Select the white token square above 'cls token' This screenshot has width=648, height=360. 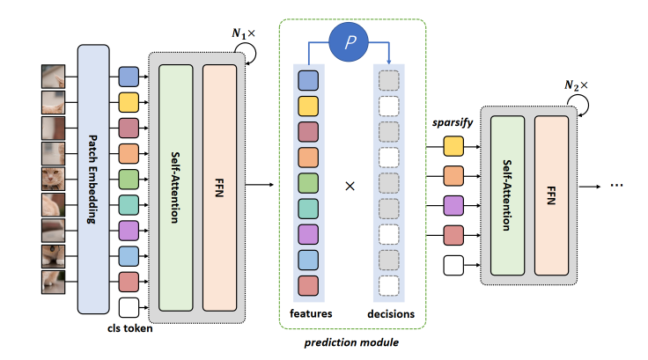point(129,308)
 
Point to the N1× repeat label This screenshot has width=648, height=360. point(243,34)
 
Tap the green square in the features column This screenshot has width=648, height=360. point(307,183)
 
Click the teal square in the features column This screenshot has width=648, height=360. point(307,209)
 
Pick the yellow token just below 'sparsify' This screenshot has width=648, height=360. point(453,143)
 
